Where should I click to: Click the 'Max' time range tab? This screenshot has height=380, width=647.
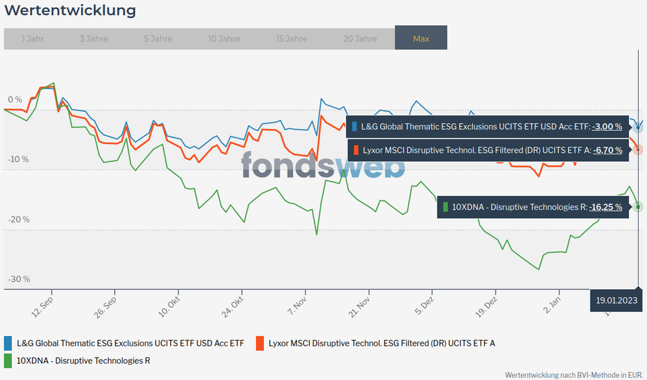pyautogui.click(x=421, y=39)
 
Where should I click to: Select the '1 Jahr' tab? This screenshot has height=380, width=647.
pyautogui.click(x=32, y=39)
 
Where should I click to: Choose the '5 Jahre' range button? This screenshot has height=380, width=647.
pyautogui.click(x=158, y=39)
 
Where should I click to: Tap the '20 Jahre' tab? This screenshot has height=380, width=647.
pyautogui.click(x=360, y=39)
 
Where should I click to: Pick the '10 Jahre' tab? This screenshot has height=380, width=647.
pyautogui.click(x=224, y=39)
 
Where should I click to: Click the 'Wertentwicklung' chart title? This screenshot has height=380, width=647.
pyautogui.click(x=71, y=11)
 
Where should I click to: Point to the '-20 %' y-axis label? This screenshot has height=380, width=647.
pyautogui.click(x=19, y=219)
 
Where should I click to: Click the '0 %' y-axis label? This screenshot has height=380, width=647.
pyautogui.click(x=15, y=100)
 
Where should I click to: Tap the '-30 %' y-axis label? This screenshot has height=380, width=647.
pyautogui.click(x=19, y=279)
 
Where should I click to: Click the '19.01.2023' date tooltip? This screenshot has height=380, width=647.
pyautogui.click(x=617, y=300)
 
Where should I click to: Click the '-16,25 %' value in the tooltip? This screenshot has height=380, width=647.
pyautogui.click(x=606, y=207)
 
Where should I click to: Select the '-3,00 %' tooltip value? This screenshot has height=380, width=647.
pyautogui.click(x=607, y=126)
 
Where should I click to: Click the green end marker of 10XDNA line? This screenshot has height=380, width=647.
pyautogui.click(x=638, y=207)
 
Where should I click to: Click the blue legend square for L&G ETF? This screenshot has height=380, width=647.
pyautogui.click(x=8, y=342)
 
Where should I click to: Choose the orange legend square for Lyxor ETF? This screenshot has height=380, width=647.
pyautogui.click(x=260, y=342)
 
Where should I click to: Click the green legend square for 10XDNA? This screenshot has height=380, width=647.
pyautogui.click(x=8, y=360)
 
